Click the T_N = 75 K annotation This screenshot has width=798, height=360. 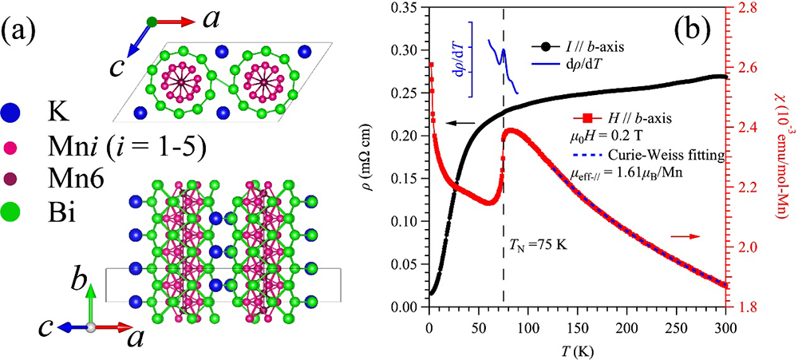(538, 244)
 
